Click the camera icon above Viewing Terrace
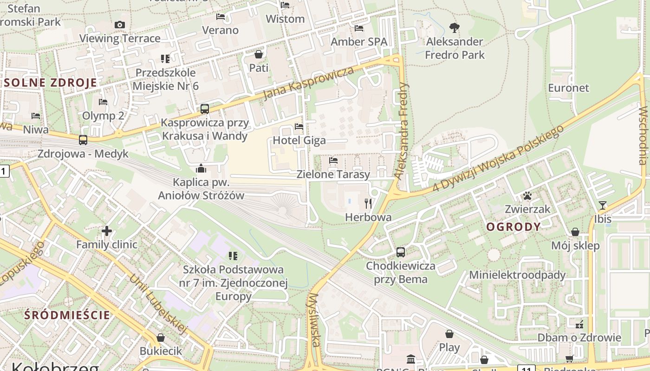(119, 25)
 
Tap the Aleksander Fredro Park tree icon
(455, 28)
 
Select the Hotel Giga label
(299, 140)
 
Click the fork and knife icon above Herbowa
(369, 203)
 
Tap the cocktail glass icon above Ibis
(603, 205)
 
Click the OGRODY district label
(513, 227)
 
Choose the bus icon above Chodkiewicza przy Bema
(400, 252)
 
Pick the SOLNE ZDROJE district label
(51, 83)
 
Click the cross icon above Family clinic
(107, 230)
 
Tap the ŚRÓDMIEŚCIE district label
(67, 315)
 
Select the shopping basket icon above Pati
(259, 54)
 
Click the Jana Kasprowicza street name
(308, 83)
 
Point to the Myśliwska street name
(314, 320)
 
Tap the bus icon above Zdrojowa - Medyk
(83, 140)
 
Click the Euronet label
(568, 88)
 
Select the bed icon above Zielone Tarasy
(333, 161)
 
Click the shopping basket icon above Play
(449, 333)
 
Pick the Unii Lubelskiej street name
(158, 304)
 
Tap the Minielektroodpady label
(517, 275)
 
